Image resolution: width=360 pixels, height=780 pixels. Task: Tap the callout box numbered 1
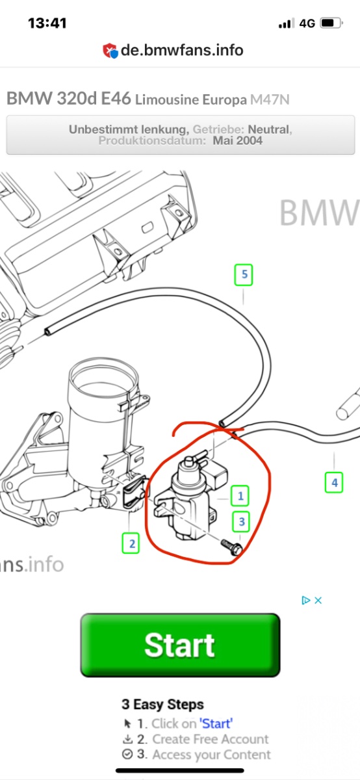pos(240,495)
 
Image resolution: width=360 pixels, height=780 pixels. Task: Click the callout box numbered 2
pos(131,543)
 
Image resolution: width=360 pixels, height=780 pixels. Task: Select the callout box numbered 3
pos(241,521)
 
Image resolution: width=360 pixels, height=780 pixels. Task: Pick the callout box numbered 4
pos(334,482)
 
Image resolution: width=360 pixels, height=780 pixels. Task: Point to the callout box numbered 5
pos(244,275)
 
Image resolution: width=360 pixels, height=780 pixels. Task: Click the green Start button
pos(180,645)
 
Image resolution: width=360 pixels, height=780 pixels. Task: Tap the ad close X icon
pos(318,601)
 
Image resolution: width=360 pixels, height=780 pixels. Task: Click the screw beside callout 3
pos(232,547)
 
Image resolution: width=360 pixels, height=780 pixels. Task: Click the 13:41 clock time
pos(47,23)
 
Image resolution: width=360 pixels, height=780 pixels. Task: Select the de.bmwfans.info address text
pos(182,50)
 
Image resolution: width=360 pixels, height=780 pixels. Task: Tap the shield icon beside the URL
pos(110,51)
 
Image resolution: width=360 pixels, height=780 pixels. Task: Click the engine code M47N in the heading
pos(270,100)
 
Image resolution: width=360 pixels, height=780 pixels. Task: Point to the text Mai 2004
pos(237,140)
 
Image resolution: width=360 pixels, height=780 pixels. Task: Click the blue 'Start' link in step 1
pos(216,723)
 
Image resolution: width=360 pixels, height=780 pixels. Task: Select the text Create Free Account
pos(211,739)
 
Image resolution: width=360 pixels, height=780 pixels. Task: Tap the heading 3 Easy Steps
pos(162,704)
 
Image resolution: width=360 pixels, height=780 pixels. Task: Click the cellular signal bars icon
pos(287,23)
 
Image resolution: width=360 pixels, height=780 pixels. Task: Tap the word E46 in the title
pos(116,99)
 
